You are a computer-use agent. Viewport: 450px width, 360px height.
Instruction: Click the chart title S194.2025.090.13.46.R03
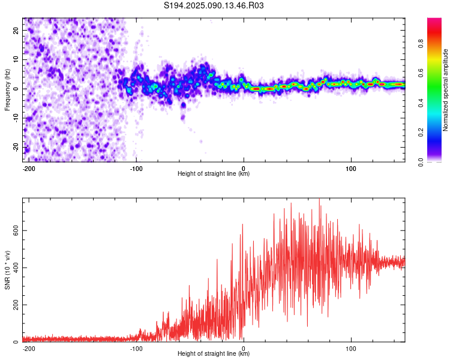[x=214, y=5]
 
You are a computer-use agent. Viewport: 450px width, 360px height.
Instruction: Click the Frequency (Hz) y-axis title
[x=7, y=90]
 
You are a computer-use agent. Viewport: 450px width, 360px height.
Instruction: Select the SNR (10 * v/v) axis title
[x=7, y=270]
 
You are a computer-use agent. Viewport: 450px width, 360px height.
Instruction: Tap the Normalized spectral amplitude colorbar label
[x=445, y=90]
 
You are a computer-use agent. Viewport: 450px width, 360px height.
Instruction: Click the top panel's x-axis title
[x=214, y=173]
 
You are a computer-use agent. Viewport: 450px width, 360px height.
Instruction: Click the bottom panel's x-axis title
[x=214, y=353]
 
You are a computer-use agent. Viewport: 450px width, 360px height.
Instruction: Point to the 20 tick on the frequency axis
[x=16, y=31]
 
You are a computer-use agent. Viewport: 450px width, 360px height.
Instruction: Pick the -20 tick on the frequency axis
[x=16, y=147]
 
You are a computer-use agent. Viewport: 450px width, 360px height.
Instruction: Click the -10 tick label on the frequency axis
[x=16, y=118]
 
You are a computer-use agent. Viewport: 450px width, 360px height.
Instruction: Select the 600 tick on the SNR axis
[x=16, y=230]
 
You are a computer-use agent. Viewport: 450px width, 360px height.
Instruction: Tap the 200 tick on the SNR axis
[x=16, y=305]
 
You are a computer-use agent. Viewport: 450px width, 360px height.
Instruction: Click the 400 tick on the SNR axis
[x=16, y=268]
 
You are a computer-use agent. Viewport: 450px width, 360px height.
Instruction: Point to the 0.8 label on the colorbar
[x=421, y=44]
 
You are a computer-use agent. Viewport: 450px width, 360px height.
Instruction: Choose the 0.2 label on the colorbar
[x=421, y=133]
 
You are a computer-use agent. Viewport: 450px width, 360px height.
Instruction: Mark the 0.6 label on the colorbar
[x=421, y=73]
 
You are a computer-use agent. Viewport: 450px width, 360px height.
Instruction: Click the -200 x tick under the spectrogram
[x=29, y=169]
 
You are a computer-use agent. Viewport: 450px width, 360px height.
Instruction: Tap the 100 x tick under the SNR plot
[x=351, y=349]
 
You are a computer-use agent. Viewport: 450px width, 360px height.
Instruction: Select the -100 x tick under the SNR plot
[x=136, y=349]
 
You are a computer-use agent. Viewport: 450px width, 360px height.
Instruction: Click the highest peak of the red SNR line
[x=319, y=199]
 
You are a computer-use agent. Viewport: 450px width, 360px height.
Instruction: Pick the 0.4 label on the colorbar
[x=421, y=103]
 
